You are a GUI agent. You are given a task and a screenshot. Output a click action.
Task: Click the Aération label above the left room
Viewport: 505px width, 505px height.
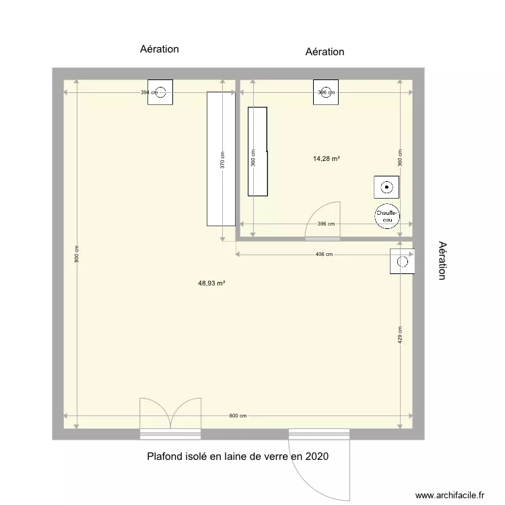[160, 49]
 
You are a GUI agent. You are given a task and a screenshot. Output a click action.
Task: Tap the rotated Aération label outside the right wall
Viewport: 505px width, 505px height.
[442, 261]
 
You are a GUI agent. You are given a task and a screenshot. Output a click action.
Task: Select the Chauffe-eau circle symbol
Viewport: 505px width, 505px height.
[386, 215]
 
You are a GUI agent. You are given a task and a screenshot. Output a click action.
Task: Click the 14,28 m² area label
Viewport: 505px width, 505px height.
[326, 159]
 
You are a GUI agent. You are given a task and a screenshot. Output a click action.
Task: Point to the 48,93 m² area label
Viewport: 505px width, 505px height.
[211, 283]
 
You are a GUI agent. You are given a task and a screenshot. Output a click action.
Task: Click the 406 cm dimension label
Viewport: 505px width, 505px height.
[324, 254]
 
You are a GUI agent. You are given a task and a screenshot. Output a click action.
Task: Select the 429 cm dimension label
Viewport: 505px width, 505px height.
[400, 335]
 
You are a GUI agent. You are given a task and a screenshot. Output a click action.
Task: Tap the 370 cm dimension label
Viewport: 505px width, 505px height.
[223, 160]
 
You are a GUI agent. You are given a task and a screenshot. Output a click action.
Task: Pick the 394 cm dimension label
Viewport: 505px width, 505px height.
[145, 92]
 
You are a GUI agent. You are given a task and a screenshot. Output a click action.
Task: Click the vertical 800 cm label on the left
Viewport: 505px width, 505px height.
[77, 253]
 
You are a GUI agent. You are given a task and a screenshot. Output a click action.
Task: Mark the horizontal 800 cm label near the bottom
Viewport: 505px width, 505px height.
[238, 415]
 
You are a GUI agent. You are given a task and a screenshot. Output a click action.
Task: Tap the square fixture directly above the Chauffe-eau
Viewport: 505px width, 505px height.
[386, 187]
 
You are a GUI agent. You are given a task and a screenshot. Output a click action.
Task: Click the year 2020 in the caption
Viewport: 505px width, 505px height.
[316, 457]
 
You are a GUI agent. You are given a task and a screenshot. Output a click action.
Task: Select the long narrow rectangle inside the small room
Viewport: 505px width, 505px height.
[258, 151]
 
